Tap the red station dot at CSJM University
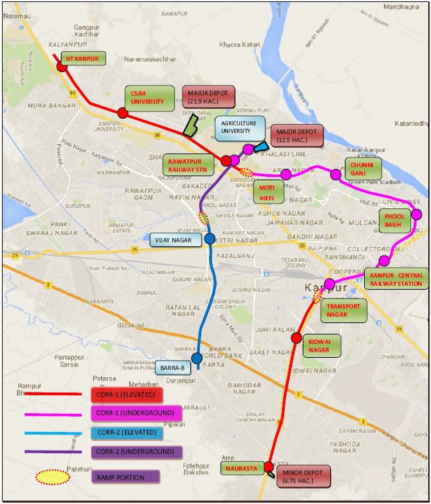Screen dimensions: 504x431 [123, 113]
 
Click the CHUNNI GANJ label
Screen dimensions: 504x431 [362, 168]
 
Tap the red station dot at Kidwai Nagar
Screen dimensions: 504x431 [297, 338]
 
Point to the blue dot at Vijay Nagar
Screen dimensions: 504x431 [210, 238]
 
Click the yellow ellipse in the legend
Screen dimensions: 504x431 [53, 477]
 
